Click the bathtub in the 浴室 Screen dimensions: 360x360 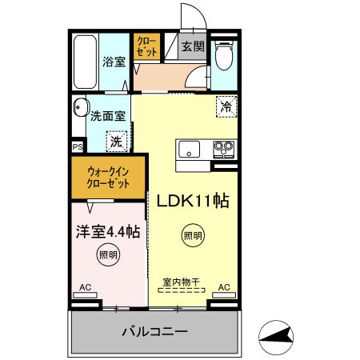(83, 62)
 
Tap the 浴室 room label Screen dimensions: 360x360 (114, 62)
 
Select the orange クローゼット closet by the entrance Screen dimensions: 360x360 (146, 46)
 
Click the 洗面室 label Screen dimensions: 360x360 (107, 115)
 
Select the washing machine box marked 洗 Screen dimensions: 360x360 (117, 142)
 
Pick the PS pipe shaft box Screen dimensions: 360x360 (77, 147)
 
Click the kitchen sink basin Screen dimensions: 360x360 (190, 149)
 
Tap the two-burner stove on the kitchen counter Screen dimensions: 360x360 (222, 149)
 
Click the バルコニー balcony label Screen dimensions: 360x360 (154, 330)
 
